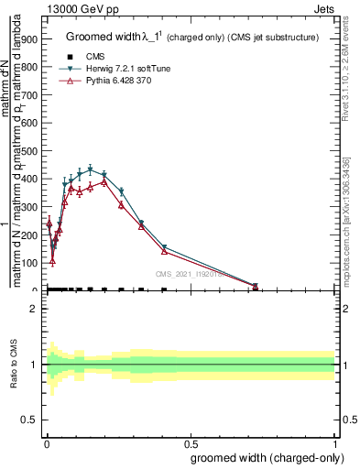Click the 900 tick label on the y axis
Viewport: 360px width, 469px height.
pos(28,39)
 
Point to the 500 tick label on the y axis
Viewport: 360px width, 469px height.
pos(28,151)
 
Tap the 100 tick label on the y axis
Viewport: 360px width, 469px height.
pos(28,263)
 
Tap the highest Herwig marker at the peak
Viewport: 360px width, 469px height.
pos(90,169)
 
